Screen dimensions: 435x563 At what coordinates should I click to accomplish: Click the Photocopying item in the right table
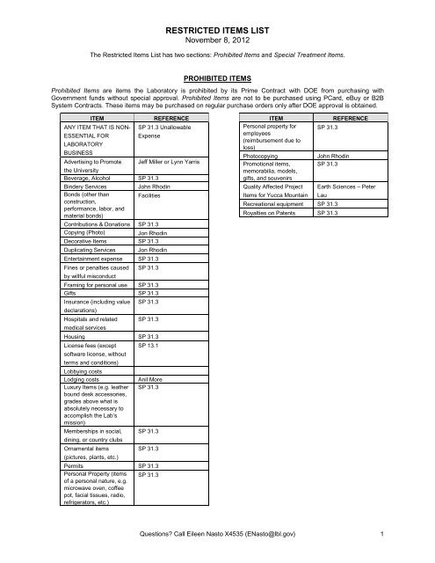(263, 157)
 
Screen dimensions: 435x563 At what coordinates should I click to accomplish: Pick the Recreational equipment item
(277, 202)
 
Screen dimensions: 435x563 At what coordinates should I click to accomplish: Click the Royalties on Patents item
(271, 212)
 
